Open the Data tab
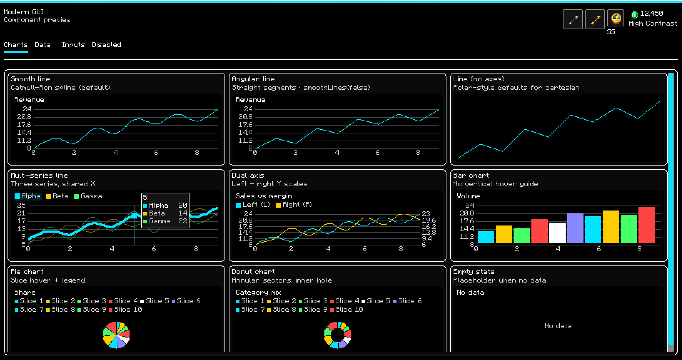[42, 45]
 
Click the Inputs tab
[73, 45]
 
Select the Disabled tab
[106, 45]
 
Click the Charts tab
[16, 45]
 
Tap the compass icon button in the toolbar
[616, 19]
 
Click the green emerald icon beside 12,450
[635, 14]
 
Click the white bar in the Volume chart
[557, 233]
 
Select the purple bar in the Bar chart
[575, 228]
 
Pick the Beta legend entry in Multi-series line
[57, 196]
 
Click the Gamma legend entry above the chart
[88, 196]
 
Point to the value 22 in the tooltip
[182, 221]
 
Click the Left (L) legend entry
[253, 205]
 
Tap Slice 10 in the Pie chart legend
[125, 310]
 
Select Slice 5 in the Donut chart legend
[376, 301]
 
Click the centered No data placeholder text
[558, 326]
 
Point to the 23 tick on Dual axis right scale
[426, 214]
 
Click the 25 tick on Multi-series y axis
[21, 206]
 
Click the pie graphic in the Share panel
[116, 335]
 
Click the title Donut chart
[253, 272]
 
